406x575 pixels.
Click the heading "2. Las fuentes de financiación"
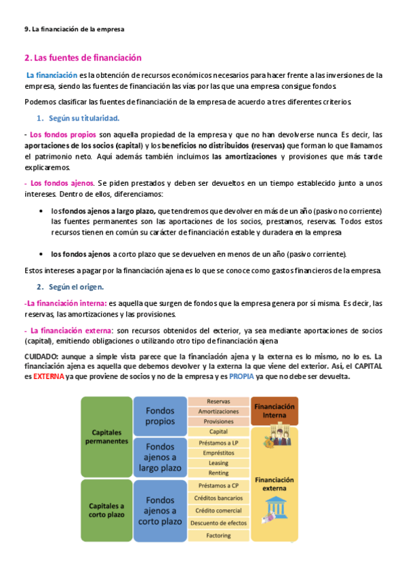point(83,58)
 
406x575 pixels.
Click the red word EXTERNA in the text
point(49,377)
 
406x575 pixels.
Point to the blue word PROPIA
point(243,377)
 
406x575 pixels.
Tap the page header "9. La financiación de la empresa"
point(74,29)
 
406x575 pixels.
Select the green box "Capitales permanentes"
point(106,437)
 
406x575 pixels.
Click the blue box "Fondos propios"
point(160,416)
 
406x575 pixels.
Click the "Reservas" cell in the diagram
point(218,401)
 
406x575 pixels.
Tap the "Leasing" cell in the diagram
point(218,462)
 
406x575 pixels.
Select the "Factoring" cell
point(218,536)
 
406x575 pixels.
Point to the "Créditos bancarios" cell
point(218,498)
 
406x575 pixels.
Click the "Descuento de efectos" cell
point(218,523)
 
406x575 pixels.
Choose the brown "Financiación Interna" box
point(275,411)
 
